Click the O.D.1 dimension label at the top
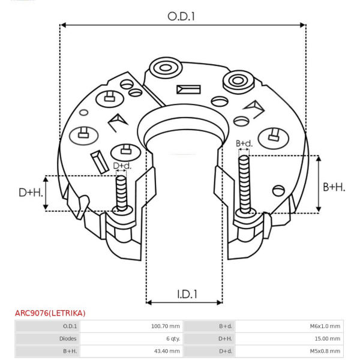[181, 17]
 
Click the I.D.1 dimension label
[187, 294]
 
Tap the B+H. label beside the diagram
[334, 187]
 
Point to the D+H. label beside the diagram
[31, 193]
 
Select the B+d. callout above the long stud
[244, 144]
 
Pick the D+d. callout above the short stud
[122, 166]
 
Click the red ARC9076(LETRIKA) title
[50, 313]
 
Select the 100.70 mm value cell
[166, 326]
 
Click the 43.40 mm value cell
[167, 351]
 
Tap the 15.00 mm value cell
[327, 338]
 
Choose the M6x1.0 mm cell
[325, 326]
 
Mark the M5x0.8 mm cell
[325, 351]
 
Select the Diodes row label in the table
[68, 338]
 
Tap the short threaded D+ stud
[121, 193]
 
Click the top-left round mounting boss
[166, 68]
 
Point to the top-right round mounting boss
[238, 81]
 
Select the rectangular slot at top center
[188, 89]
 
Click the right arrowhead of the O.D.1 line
[303, 25]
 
